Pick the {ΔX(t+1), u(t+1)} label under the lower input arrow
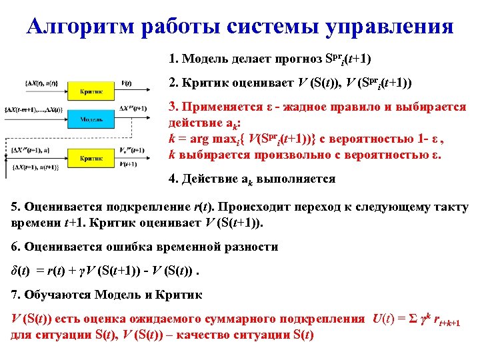pyautogui.click(x=42, y=165)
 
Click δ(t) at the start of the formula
pyautogui.click(x=21, y=271)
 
